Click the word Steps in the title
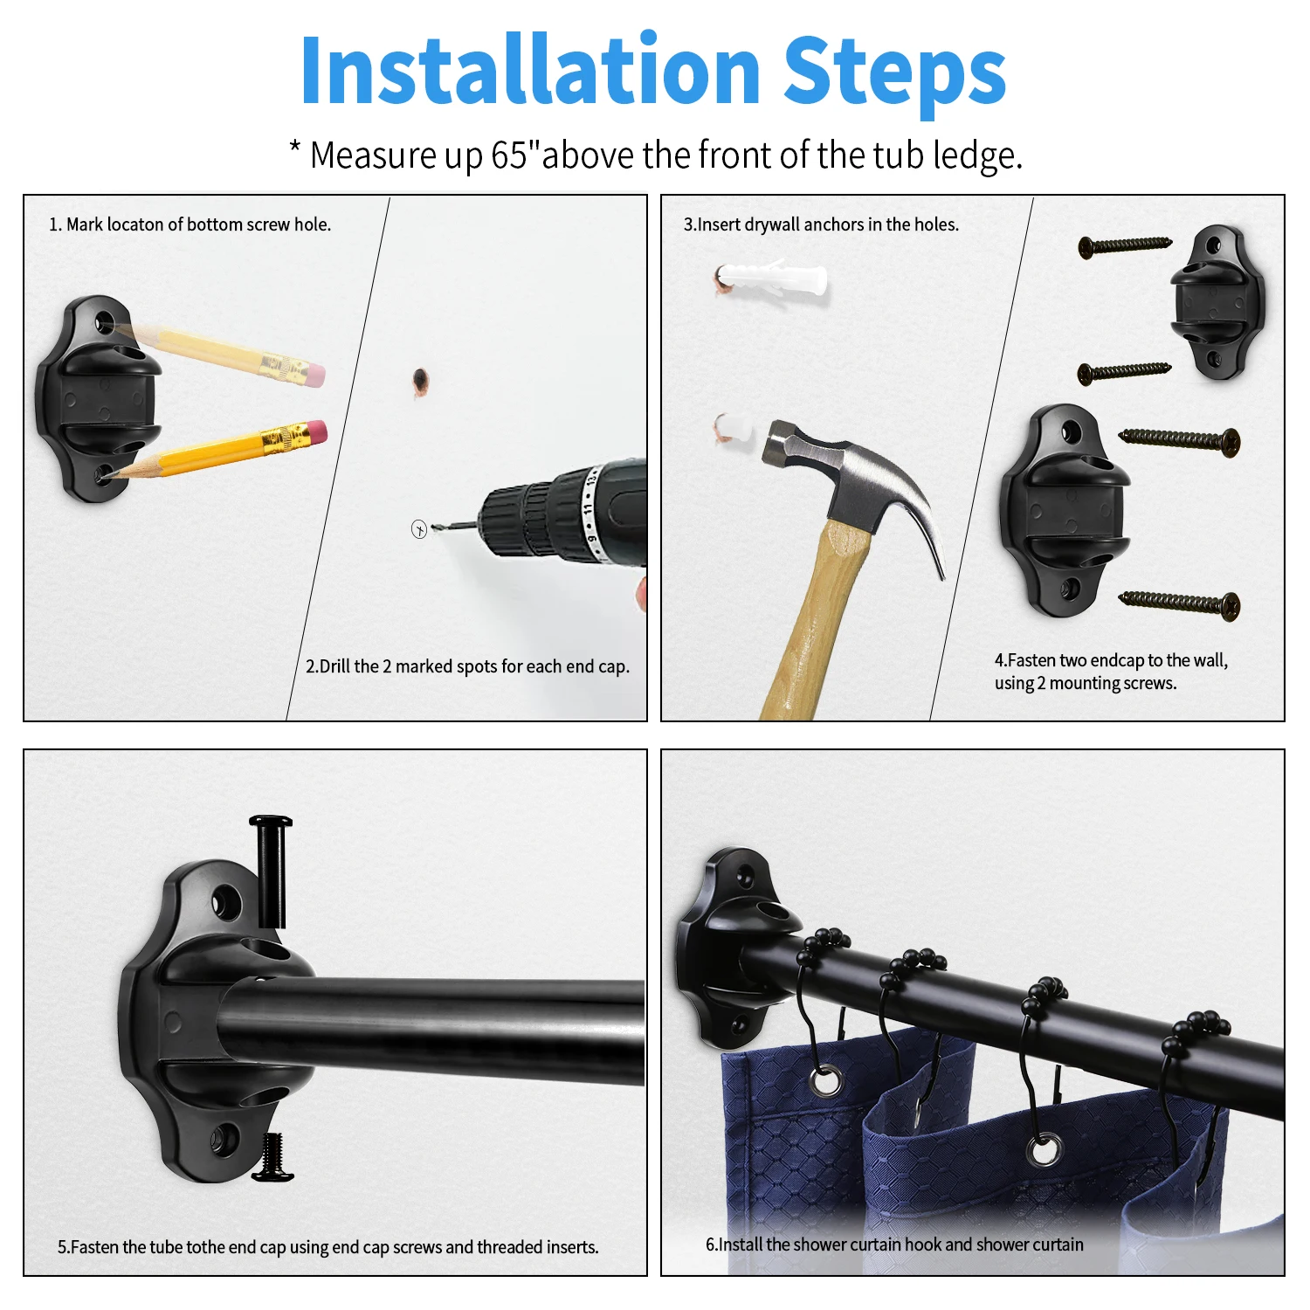click(895, 72)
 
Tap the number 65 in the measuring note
click(509, 155)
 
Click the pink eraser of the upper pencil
click(315, 376)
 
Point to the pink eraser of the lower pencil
click(316, 431)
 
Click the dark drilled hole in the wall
click(420, 379)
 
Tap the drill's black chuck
click(525, 521)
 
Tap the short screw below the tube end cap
click(273, 1157)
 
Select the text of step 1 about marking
click(190, 224)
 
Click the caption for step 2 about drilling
click(467, 666)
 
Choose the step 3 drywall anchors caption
click(821, 224)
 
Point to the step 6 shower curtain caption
click(894, 1244)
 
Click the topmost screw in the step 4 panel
click(1125, 245)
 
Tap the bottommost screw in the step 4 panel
click(1179, 603)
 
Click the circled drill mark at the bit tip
click(419, 529)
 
